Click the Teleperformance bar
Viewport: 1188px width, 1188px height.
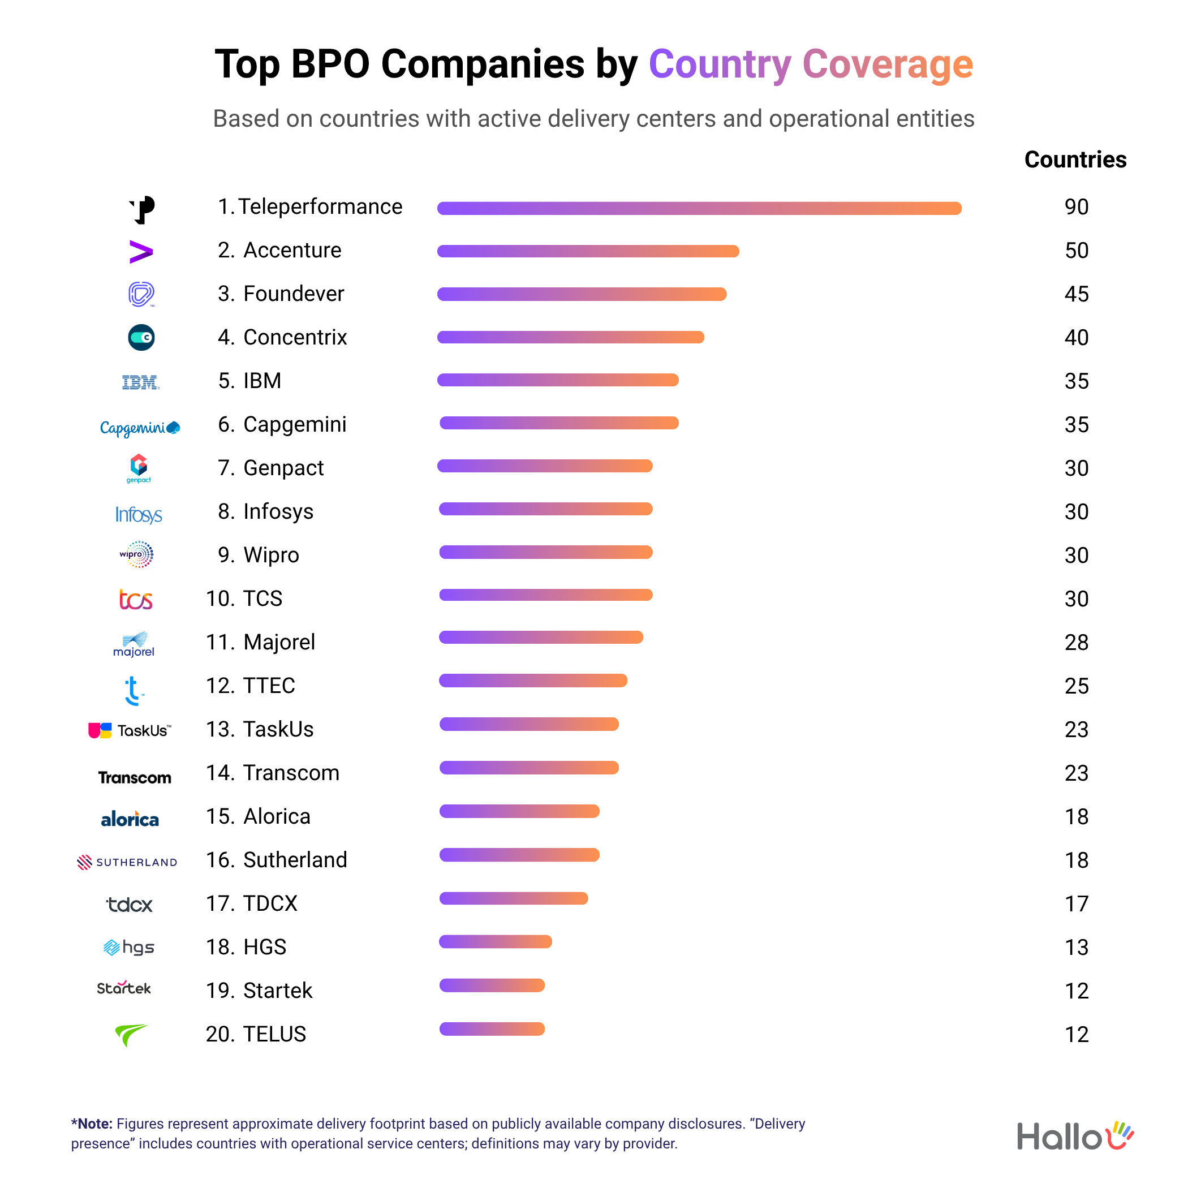[x=699, y=208]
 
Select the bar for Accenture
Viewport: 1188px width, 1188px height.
[x=588, y=251]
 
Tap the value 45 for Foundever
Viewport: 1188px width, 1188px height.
[x=1076, y=294]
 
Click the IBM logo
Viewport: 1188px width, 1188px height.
[x=140, y=382]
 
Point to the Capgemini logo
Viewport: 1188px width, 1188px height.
[x=140, y=427]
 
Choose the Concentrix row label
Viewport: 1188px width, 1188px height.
[x=283, y=337]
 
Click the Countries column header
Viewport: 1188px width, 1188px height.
[x=1075, y=160]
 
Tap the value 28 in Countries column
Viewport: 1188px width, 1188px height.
[x=1076, y=643]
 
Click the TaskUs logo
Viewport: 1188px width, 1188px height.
[x=130, y=730]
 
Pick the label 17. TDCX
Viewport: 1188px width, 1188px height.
[x=252, y=903]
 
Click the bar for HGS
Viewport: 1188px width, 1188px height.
[x=495, y=941]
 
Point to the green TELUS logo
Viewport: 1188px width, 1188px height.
[x=130, y=1034]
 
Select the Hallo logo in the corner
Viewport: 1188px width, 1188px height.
[x=1075, y=1136]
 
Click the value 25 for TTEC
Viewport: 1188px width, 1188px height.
[x=1076, y=686]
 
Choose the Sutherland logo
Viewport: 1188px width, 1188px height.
[x=127, y=862]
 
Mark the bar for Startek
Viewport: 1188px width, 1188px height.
[x=492, y=985]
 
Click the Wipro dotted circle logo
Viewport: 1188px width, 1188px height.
[x=137, y=554]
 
